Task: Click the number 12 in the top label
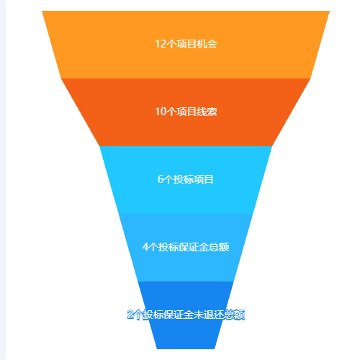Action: (x=161, y=44)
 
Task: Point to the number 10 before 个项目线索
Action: (x=161, y=112)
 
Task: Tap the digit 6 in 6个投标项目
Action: (x=161, y=179)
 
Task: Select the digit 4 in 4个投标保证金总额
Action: (x=145, y=247)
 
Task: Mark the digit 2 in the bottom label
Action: (x=130, y=315)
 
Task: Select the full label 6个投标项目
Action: (x=186, y=179)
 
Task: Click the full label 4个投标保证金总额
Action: (x=186, y=247)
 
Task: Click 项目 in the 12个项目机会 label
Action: (x=186, y=44)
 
